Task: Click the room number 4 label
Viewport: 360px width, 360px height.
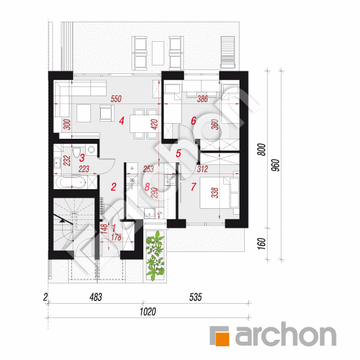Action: pyautogui.click(x=122, y=121)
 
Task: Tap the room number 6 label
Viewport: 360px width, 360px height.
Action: pyautogui.click(x=194, y=121)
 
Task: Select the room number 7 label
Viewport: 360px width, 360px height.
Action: pyautogui.click(x=193, y=187)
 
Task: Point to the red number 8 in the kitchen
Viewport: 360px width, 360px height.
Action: pyautogui.click(x=147, y=187)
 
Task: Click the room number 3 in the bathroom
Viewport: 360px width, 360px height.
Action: pyautogui.click(x=82, y=158)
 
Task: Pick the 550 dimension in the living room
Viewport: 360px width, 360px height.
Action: pyautogui.click(x=116, y=99)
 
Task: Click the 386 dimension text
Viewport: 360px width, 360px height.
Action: pyautogui.click(x=202, y=99)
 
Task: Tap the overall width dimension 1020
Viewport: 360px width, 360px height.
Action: pyautogui.click(x=148, y=312)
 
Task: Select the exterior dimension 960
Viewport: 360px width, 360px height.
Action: pyautogui.click(x=276, y=165)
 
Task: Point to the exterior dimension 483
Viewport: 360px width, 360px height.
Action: pyautogui.click(x=96, y=297)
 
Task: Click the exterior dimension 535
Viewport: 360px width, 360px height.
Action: pyautogui.click(x=196, y=297)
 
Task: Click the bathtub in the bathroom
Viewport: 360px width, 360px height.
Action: pyautogui.click(x=71, y=183)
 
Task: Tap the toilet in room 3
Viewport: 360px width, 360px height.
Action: pyautogui.click(x=76, y=152)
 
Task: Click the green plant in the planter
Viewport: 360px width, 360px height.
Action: pyautogui.click(x=155, y=255)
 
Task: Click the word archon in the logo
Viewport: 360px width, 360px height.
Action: pyautogui.click(x=285, y=334)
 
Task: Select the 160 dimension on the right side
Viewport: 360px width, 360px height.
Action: pyautogui.click(x=262, y=244)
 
